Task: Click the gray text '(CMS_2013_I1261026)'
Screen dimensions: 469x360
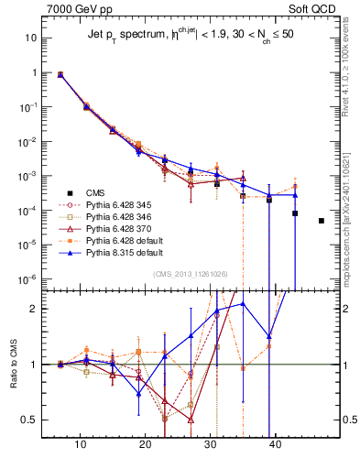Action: [190, 272]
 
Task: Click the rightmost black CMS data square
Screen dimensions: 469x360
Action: [322, 221]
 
